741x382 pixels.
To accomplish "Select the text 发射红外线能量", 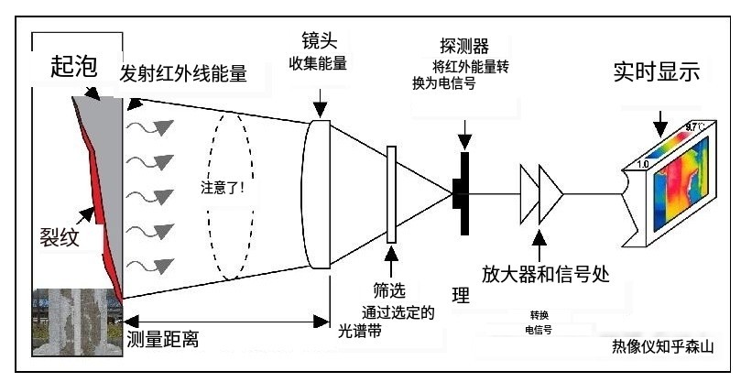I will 183,74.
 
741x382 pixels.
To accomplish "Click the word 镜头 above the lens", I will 319,41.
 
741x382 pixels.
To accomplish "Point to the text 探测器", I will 465,45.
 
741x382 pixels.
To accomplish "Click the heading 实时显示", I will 656,72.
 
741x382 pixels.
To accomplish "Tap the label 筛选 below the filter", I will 390,290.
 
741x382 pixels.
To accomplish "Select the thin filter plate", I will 392,194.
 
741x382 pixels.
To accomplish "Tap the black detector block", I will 461,193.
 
